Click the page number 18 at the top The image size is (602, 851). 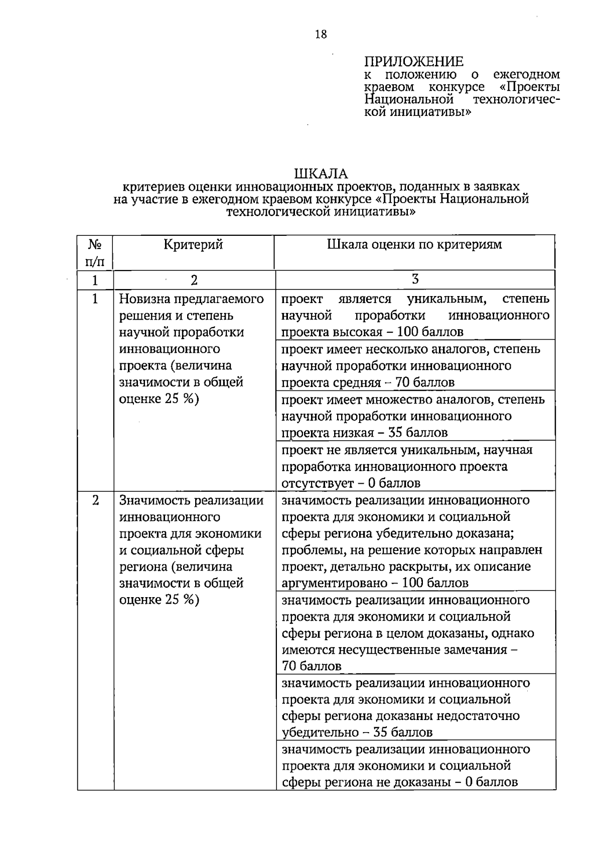[321, 35]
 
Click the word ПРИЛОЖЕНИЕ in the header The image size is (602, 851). [413, 62]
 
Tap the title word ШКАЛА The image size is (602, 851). [321, 174]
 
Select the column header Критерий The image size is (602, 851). [193, 245]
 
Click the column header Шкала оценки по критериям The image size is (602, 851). [414, 245]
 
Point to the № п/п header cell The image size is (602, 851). [95, 252]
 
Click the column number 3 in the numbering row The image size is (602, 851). [415, 279]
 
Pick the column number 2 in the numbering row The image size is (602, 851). [194, 280]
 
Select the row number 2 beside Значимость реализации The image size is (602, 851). [95, 500]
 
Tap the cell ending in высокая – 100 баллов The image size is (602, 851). [415, 315]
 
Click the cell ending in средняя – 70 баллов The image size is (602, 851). [415, 365]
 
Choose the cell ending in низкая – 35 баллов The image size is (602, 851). [415, 415]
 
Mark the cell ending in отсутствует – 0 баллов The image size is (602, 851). [415, 466]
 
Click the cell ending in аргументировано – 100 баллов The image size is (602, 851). [415, 541]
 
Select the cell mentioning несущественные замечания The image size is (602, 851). [415, 633]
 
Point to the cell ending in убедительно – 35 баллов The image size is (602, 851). [415, 707]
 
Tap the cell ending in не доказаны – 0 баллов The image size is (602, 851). [415, 765]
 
